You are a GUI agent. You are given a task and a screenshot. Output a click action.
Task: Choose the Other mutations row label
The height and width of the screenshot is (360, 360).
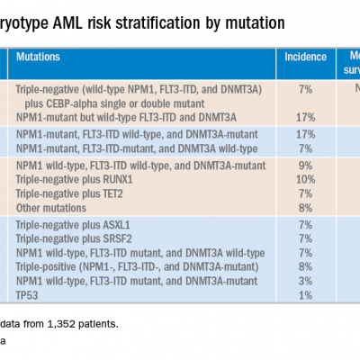[x=48, y=204]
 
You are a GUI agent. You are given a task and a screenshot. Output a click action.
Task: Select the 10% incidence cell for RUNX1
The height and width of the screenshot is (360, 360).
[x=305, y=179]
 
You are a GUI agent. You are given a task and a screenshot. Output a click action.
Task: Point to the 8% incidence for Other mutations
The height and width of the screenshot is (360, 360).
[x=305, y=204]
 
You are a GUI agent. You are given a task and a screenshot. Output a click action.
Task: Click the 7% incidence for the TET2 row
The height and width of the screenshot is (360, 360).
[x=305, y=192]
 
